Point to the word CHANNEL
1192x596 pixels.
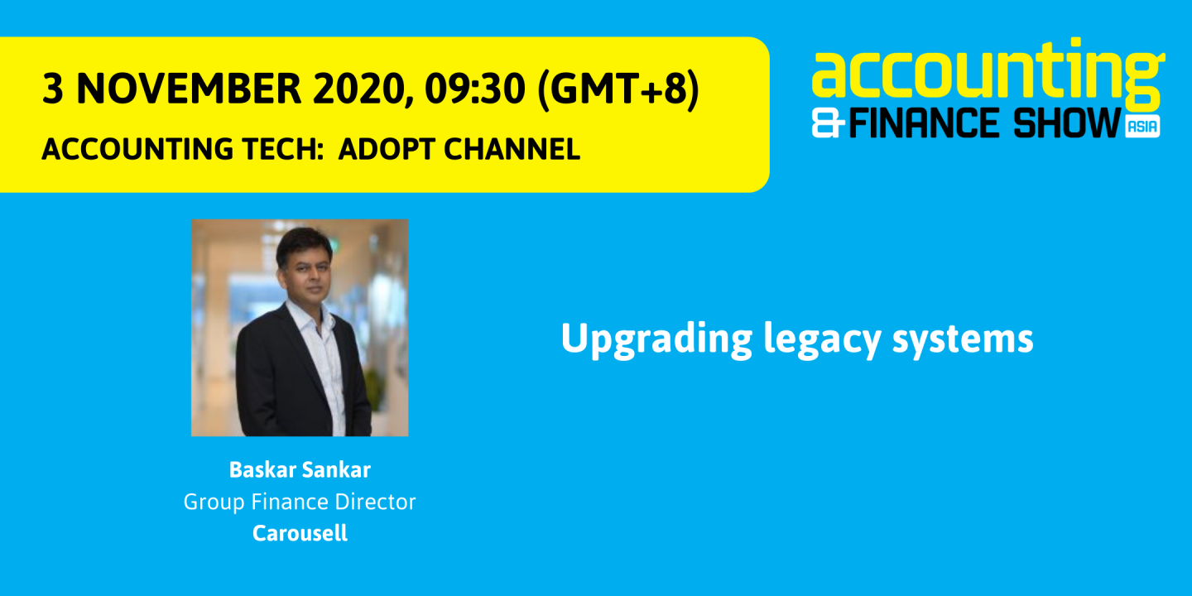point(512,149)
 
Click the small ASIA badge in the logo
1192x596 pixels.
point(1142,126)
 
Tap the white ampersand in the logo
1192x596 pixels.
point(829,125)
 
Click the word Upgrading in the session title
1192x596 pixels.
point(656,339)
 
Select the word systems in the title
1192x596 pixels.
point(963,339)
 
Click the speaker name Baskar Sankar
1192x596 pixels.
point(300,470)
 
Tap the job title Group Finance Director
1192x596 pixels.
point(300,502)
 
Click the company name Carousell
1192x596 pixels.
point(300,533)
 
